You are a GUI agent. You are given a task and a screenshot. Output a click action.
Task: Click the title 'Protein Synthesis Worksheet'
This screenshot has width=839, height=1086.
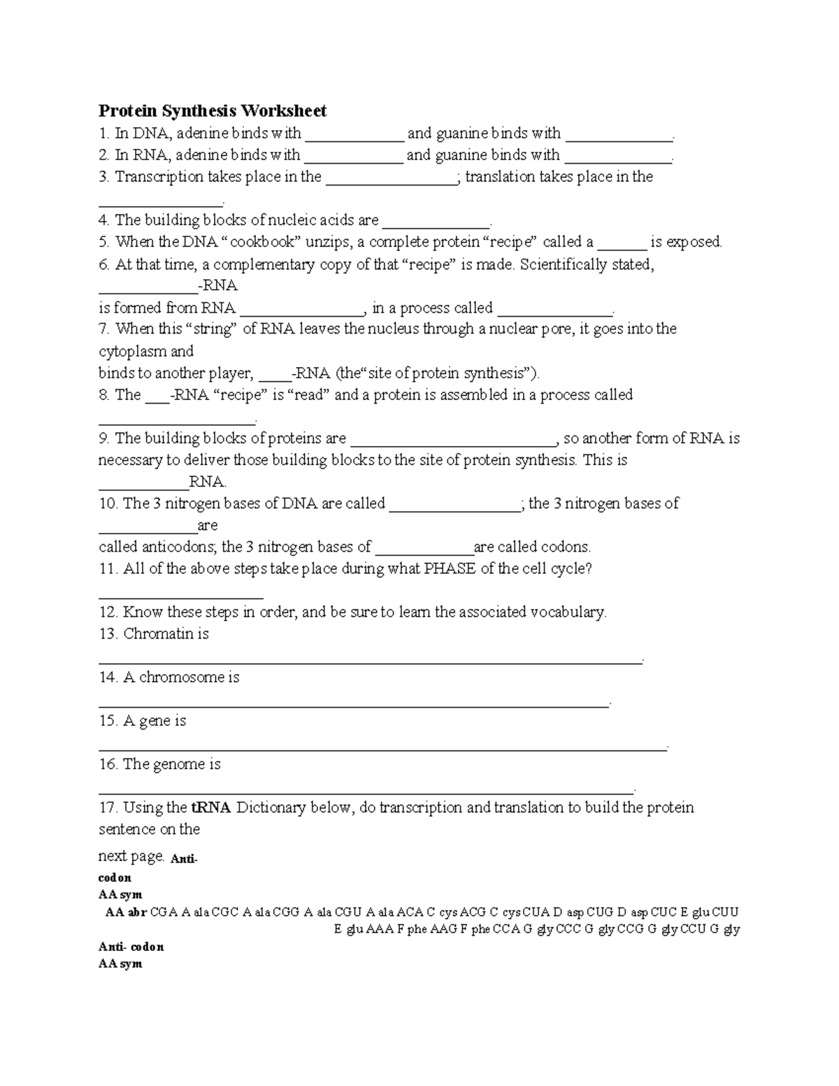(213, 110)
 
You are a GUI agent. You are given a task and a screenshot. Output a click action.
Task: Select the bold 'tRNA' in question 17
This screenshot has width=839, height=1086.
(210, 808)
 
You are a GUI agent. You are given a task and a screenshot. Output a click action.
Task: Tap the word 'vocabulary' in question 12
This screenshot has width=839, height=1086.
(568, 612)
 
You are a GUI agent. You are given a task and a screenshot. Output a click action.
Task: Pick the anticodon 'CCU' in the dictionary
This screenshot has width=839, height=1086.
(693, 929)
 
